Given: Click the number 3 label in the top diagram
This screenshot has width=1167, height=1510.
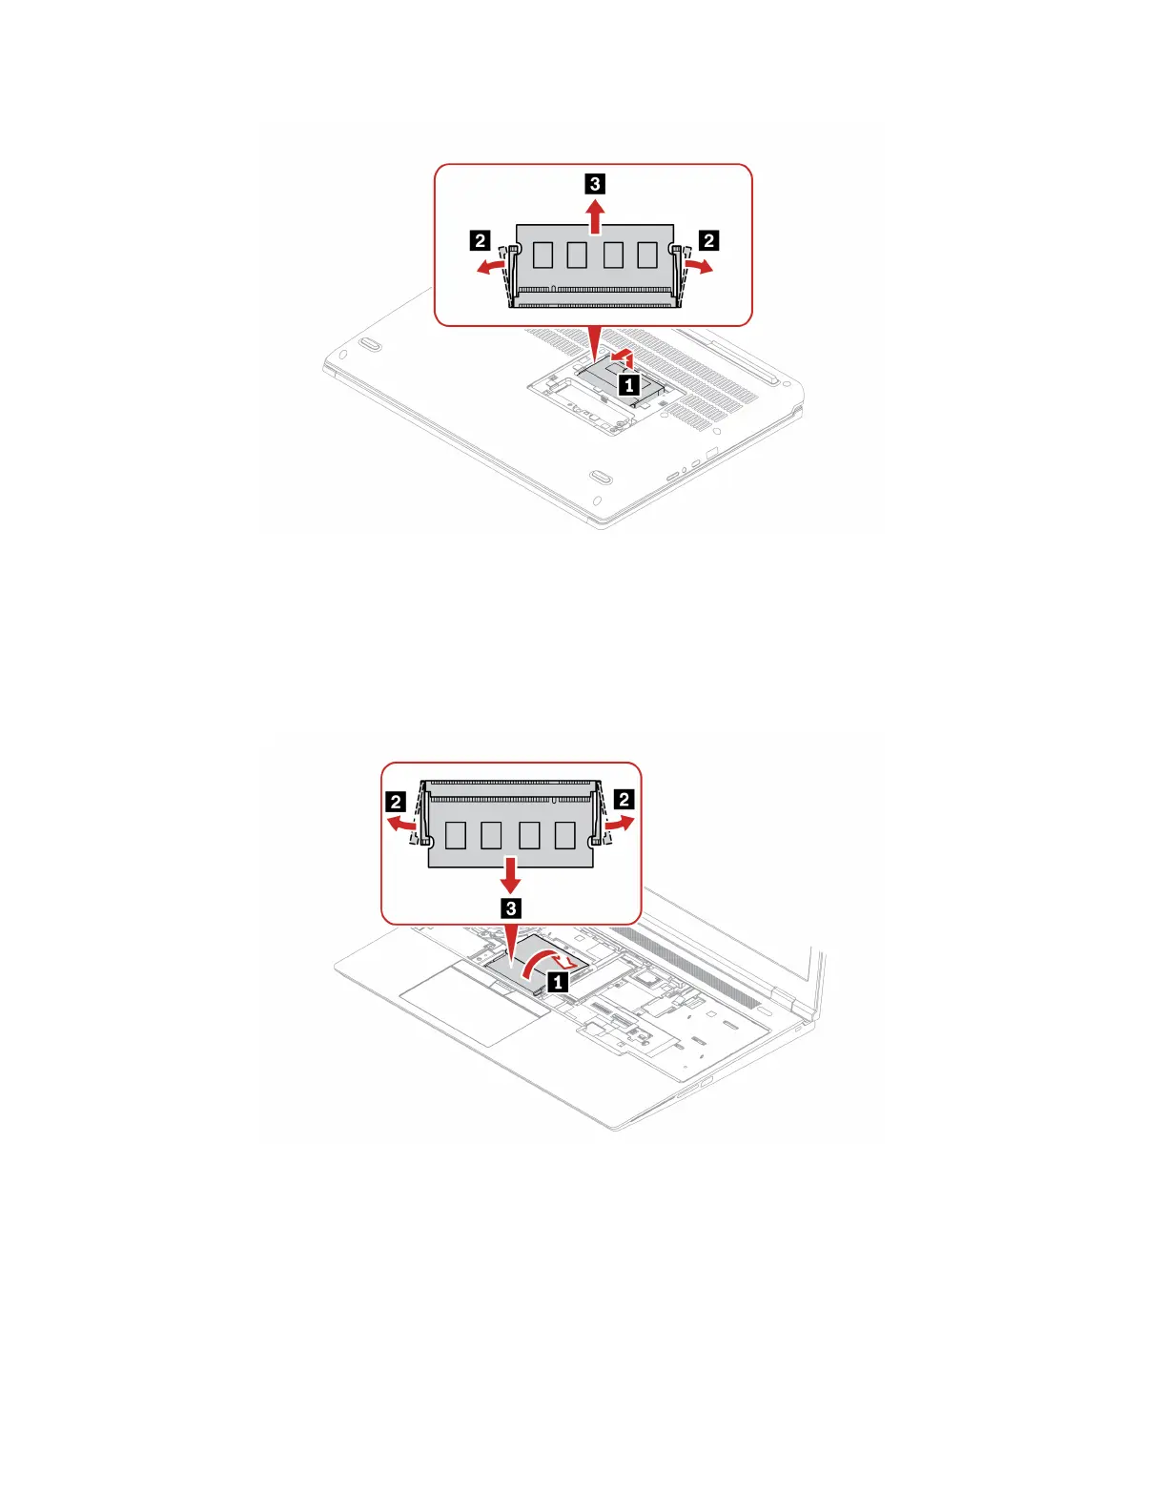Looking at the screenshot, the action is coord(595,183).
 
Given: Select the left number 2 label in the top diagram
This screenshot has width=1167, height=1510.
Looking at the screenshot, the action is coord(481,240).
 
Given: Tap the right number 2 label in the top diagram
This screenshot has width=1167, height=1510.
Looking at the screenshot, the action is coord(708,240).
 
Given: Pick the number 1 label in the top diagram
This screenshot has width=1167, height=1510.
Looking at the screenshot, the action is coord(628,385).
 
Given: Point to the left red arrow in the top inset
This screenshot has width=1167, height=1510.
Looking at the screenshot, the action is coord(491,268).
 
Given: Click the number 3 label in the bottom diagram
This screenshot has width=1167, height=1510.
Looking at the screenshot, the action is coord(511,908).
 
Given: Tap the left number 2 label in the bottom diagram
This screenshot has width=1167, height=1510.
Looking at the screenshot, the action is coord(397,801).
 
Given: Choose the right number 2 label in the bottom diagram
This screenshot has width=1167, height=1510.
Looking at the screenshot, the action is coord(624,801).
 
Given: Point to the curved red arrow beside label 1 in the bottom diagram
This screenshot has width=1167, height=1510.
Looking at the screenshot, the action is coord(540,961).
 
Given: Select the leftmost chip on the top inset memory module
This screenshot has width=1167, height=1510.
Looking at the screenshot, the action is coord(543,255).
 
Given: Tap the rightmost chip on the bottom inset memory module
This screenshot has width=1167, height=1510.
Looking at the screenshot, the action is coord(565,836).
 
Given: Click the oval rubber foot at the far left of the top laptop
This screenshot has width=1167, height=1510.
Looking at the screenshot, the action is coord(372,343).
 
